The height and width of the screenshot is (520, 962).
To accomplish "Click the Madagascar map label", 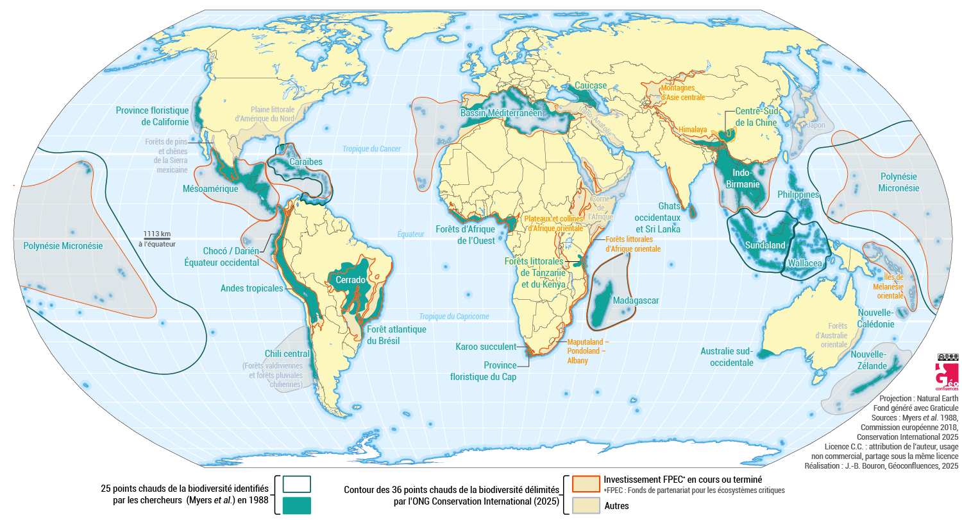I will (x=636, y=300).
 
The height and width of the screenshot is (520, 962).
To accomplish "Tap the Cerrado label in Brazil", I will (x=350, y=281).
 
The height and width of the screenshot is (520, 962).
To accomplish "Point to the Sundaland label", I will (x=765, y=245).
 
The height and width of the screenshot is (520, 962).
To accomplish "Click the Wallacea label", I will (x=805, y=263).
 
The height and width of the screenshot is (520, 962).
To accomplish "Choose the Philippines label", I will (x=798, y=195).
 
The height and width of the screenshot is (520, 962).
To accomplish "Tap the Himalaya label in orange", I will (x=693, y=129).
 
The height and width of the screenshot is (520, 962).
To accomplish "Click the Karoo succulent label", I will (x=485, y=347).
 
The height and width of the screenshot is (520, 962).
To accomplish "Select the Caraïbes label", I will (x=305, y=162).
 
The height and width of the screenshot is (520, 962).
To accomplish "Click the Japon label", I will (x=815, y=125).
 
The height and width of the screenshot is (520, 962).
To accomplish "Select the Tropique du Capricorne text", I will (x=454, y=316).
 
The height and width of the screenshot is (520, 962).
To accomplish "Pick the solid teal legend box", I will (x=296, y=505).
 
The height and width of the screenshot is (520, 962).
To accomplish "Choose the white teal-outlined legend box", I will (x=296, y=483).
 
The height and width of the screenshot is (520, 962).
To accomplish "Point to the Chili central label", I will (x=287, y=354).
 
